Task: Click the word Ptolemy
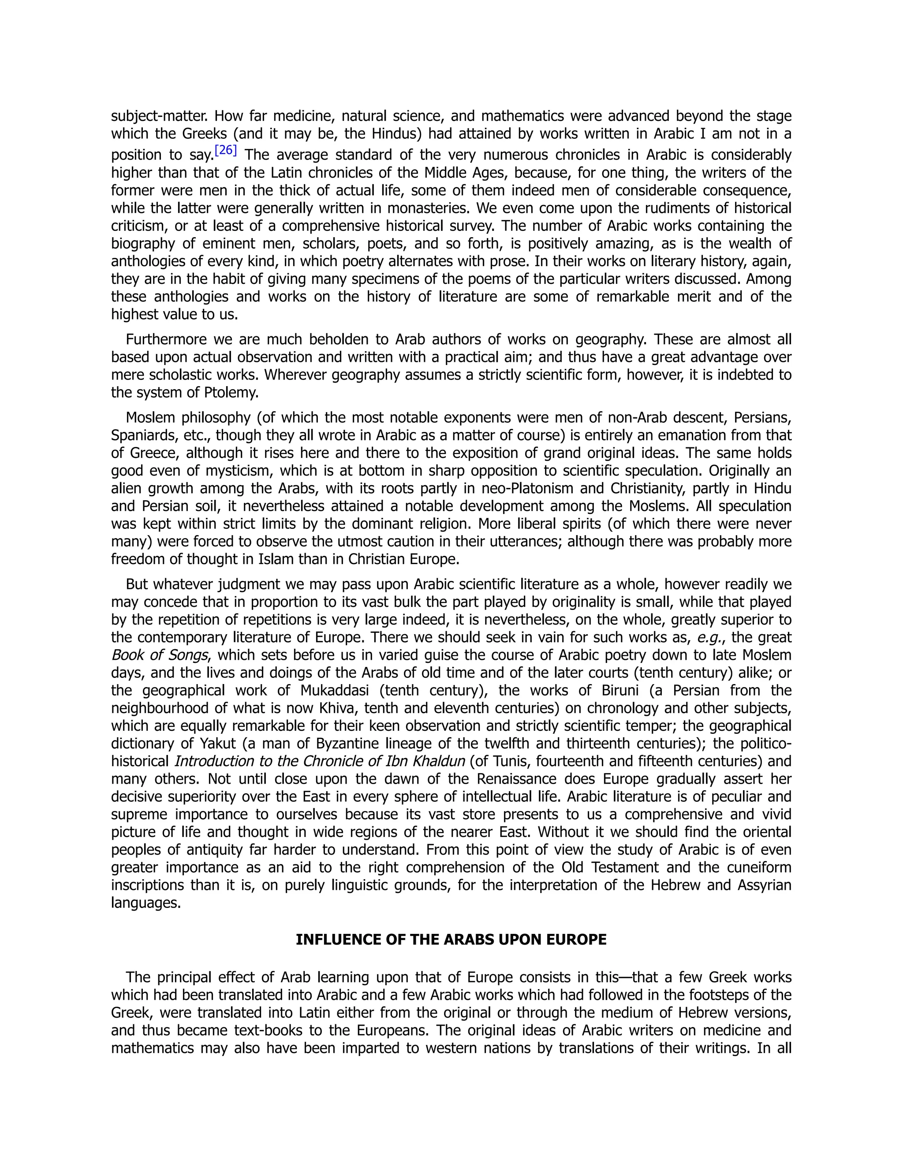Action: pos(231,393)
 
